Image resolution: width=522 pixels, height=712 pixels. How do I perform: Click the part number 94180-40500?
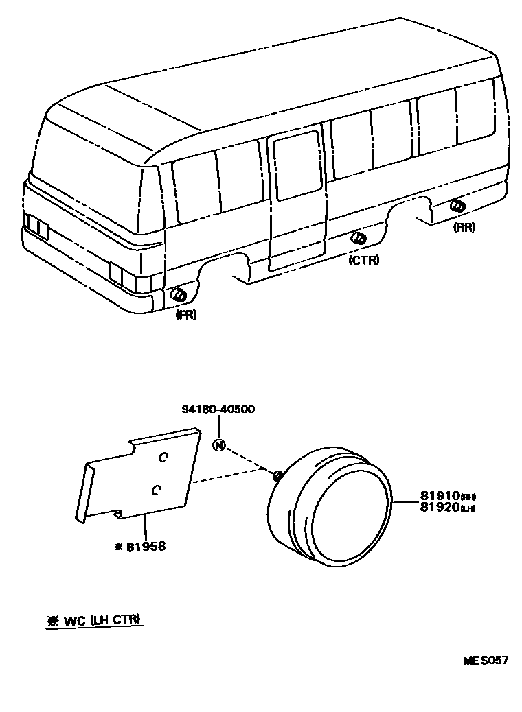pyautogui.click(x=218, y=409)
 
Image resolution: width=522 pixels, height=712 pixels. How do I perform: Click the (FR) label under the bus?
pyautogui.click(x=185, y=316)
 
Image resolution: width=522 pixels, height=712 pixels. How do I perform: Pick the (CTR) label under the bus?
pyautogui.click(x=363, y=260)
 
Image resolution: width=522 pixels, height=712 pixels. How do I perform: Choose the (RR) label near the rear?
pyautogui.click(x=464, y=227)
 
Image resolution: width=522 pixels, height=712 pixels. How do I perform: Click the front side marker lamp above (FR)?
pyautogui.click(x=179, y=296)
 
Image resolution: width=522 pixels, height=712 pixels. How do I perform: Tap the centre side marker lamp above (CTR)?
pyautogui.click(x=358, y=238)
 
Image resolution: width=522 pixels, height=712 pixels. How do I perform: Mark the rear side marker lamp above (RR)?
pyautogui.click(x=457, y=206)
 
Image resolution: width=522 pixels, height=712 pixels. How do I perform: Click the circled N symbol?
pyautogui.click(x=218, y=444)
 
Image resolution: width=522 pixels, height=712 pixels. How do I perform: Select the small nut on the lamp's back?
pyautogui.click(x=277, y=475)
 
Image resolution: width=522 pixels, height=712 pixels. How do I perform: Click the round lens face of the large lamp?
pyautogui.click(x=350, y=511)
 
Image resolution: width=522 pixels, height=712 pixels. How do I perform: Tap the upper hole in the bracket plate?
pyautogui.click(x=163, y=456)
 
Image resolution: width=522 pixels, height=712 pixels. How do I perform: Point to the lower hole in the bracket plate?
pyautogui.click(x=156, y=488)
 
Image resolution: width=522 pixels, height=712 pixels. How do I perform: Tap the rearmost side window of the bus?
pyautogui.click(x=475, y=113)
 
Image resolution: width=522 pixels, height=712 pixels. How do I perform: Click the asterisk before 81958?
pyautogui.click(x=119, y=547)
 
